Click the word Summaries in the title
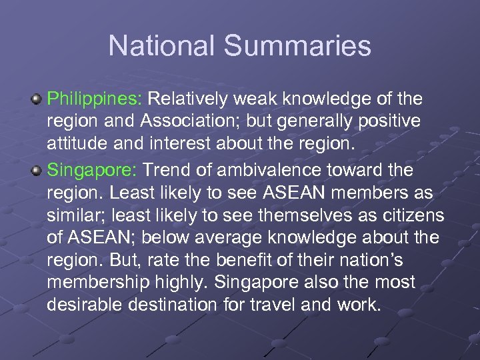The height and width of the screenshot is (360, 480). (x=298, y=46)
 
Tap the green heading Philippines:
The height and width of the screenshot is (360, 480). (x=94, y=99)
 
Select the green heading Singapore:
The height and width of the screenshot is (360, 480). (x=91, y=171)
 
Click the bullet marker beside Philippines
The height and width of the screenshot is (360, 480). (x=38, y=99)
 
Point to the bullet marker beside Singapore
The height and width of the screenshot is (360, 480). (x=38, y=171)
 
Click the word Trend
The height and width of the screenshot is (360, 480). (x=164, y=171)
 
